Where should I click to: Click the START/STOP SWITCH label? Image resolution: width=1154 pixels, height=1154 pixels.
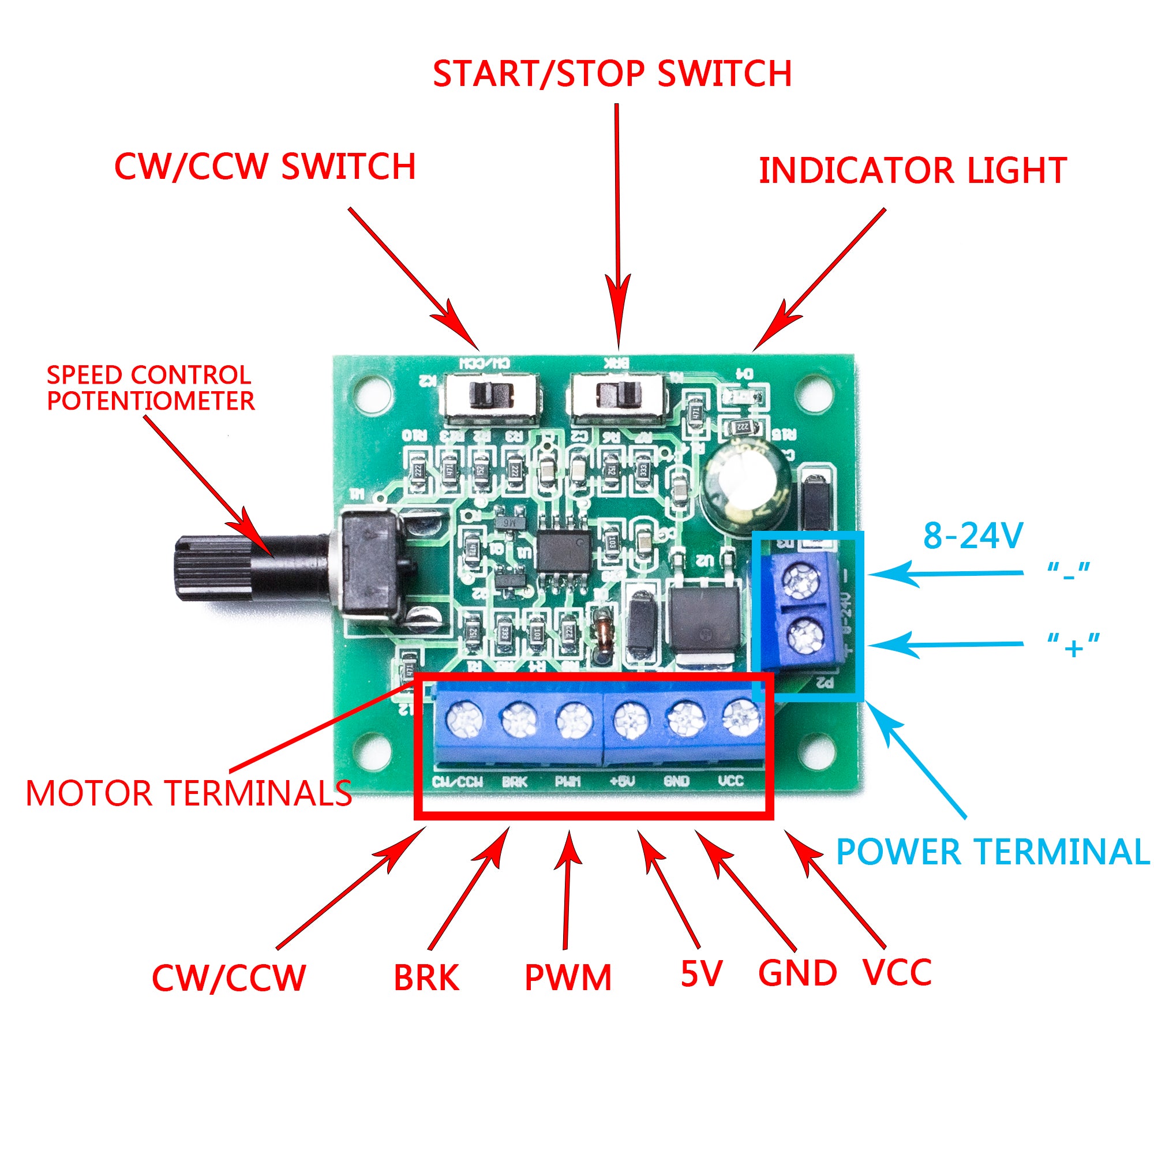[x=612, y=73]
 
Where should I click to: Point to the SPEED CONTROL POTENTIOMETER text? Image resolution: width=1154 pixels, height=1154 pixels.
[x=151, y=388]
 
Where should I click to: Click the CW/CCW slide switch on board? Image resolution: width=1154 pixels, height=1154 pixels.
[x=491, y=395]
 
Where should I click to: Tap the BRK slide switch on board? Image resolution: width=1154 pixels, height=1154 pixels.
[x=617, y=395]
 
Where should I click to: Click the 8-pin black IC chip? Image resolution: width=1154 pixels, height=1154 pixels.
[x=562, y=550]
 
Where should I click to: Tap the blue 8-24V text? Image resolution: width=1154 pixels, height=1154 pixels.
[x=973, y=535]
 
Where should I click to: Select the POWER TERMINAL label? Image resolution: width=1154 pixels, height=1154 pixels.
[x=992, y=851]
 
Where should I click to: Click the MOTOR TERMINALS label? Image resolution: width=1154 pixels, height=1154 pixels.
[x=189, y=794]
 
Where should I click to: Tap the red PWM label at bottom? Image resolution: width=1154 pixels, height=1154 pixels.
[x=567, y=978]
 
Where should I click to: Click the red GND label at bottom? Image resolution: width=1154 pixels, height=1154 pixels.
[x=797, y=973]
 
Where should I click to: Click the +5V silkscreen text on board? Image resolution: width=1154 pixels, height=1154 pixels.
[x=622, y=781]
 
